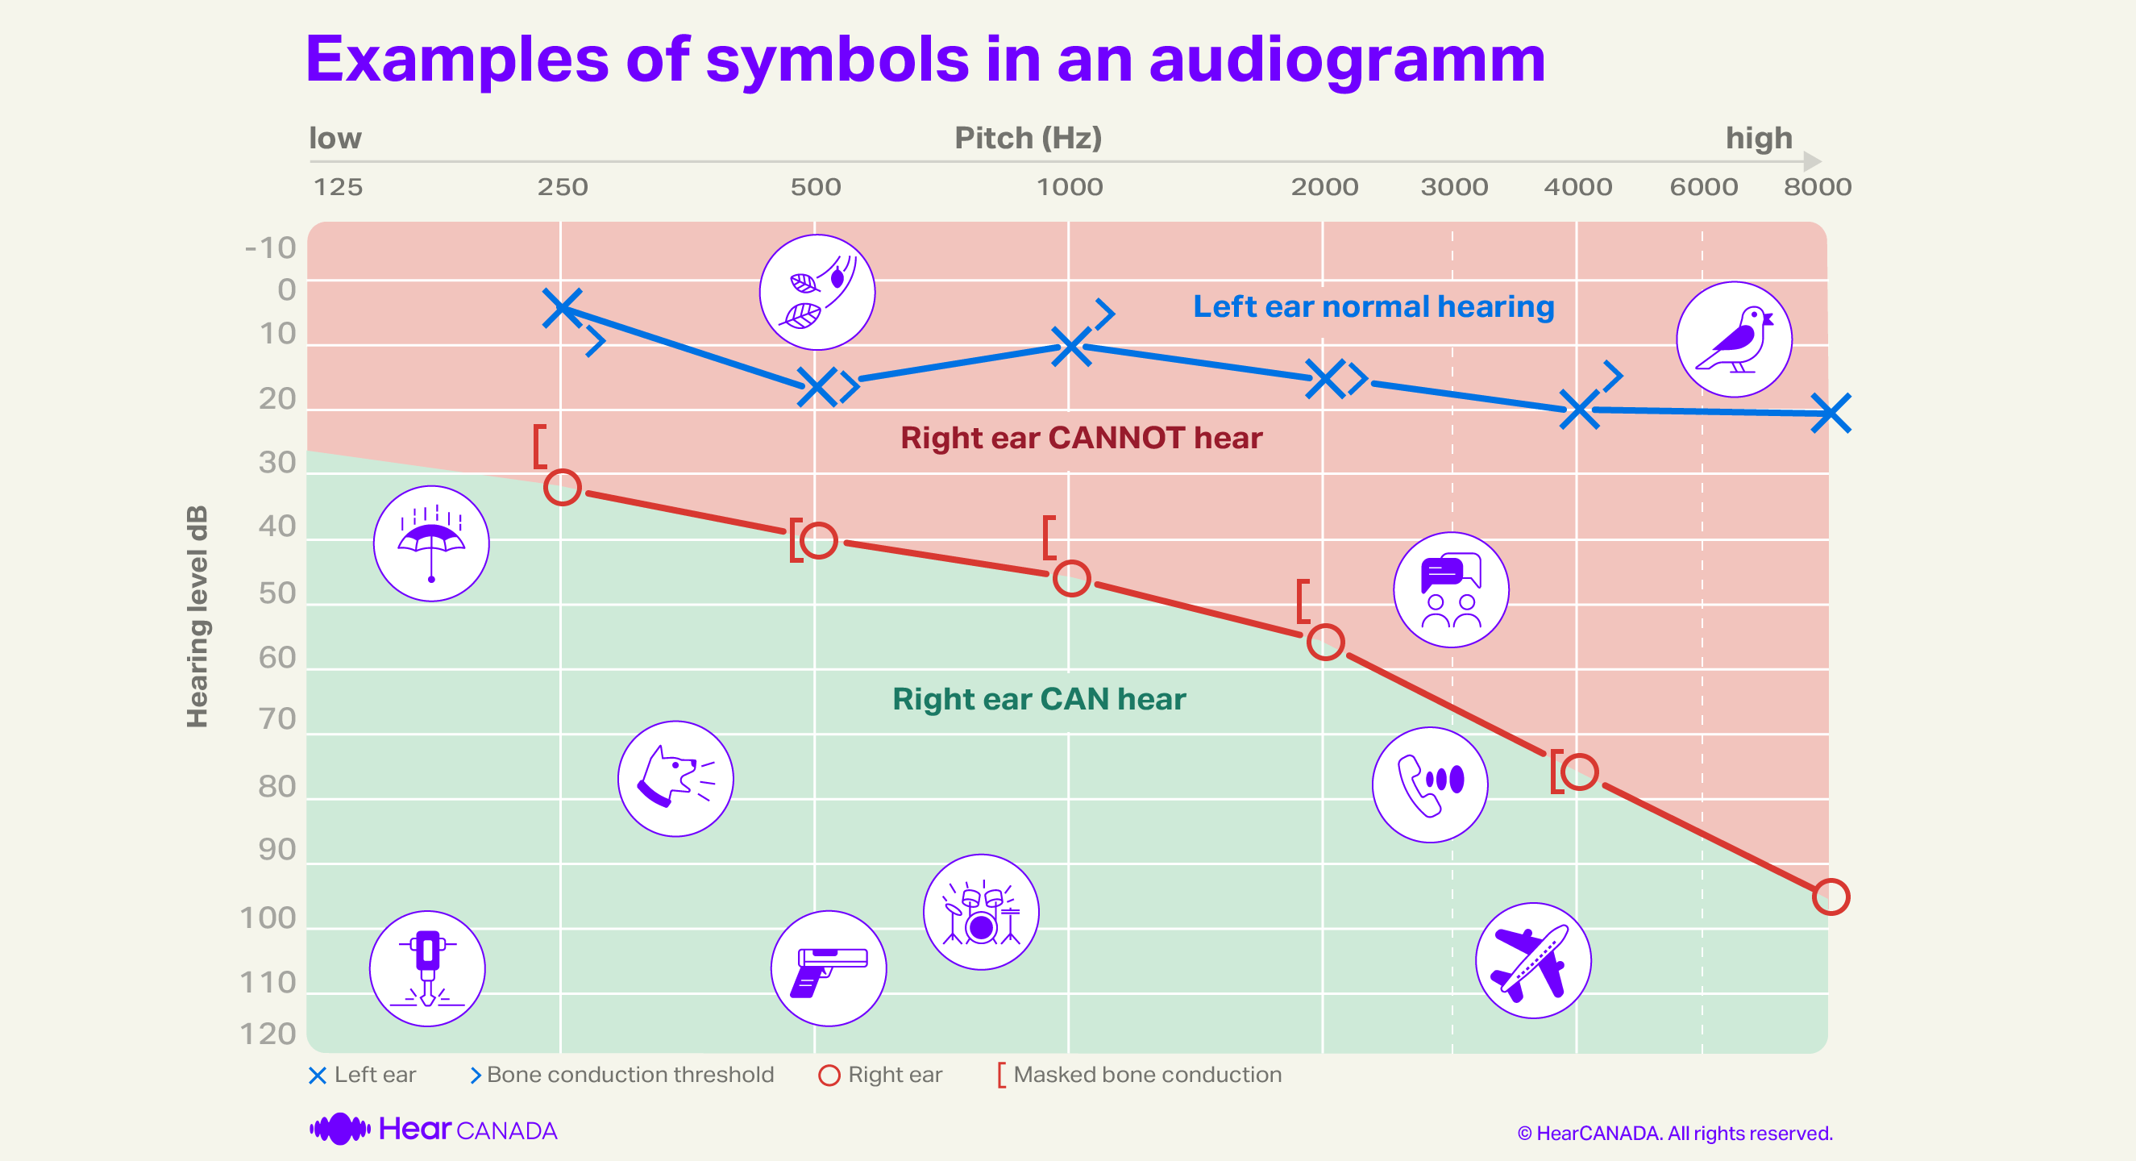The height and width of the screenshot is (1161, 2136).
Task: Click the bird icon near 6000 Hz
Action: pyautogui.click(x=1734, y=339)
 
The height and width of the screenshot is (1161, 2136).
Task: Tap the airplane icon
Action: pyautogui.click(x=1532, y=960)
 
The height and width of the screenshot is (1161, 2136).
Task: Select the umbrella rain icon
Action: pyautogui.click(x=430, y=543)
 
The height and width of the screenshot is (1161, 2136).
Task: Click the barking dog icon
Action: pyautogui.click(x=675, y=778)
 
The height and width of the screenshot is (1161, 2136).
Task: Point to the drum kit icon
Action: pyautogui.click(x=981, y=911)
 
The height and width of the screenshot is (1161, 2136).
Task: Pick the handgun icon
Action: pyautogui.click(x=829, y=967)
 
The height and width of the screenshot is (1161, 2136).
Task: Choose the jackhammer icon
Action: pyautogui.click(x=427, y=967)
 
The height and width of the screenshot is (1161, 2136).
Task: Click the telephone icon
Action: pyautogui.click(x=1430, y=784)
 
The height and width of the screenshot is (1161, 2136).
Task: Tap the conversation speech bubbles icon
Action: pyautogui.click(x=1450, y=589)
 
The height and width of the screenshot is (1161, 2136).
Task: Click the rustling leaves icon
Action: pyautogui.click(x=817, y=292)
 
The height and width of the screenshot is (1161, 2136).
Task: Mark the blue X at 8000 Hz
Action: pyautogui.click(x=1830, y=413)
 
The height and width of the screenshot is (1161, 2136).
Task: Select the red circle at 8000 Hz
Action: pyautogui.click(x=1830, y=897)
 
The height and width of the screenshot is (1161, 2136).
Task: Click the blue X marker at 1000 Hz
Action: pyautogui.click(x=1070, y=347)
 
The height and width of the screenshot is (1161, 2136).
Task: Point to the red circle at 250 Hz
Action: pyautogui.click(x=561, y=487)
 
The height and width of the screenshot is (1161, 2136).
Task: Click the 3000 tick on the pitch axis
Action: pyautogui.click(x=1453, y=186)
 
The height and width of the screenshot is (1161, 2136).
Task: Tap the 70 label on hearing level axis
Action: pyautogui.click(x=277, y=719)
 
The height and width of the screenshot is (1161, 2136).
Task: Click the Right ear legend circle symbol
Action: pyautogui.click(x=829, y=1075)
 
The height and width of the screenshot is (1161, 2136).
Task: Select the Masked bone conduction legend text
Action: pyautogui.click(x=1147, y=1075)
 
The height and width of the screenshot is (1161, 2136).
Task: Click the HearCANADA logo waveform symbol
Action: pyautogui.click(x=340, y=1129)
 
